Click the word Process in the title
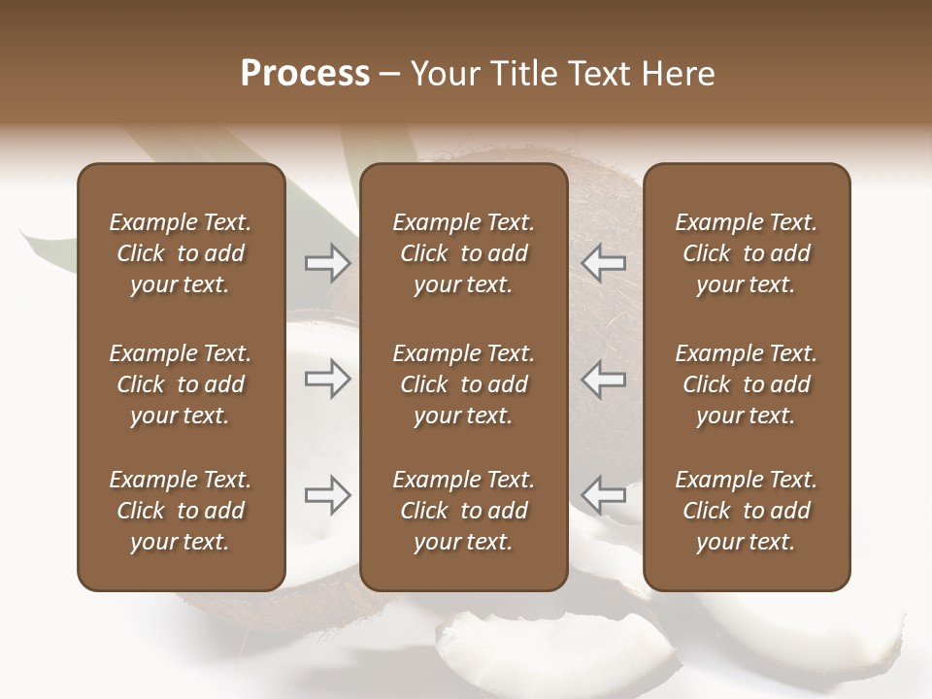[x=305, y=74]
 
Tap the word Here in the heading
[x=678, y=74]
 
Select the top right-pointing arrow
[x=328, y=263]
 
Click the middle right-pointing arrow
[x=328, y=379]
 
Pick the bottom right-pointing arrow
[x=328, y=495]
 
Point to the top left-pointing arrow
[x=604, y=263]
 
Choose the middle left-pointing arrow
[x=604, y=379]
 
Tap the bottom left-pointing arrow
[x=604, y=495]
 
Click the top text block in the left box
[x=181, y=253]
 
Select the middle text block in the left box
[x=181, y=384]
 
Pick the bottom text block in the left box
[x=181, y=511]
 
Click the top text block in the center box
[x=463, y=253]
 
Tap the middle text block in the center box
[x=463, y=384]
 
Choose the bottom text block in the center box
[x=463, y=511]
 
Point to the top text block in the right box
[x=746, y=253]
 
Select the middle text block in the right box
[x=746, y=384]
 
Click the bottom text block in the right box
[x=746, y=511]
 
